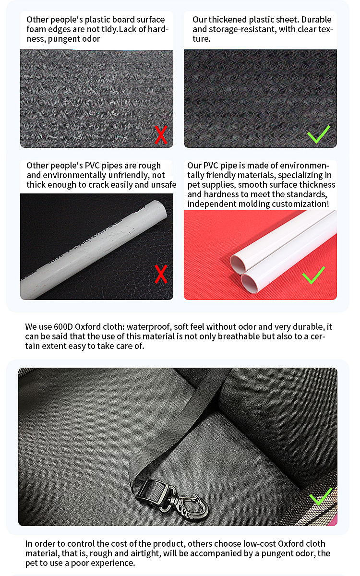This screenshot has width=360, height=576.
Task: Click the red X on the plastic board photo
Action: [161, 135]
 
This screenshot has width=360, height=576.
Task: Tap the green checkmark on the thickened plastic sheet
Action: [318, 134]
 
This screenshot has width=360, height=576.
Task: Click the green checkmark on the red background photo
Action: [314, 275]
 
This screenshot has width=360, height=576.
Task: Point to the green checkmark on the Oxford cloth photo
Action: [321, 497]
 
